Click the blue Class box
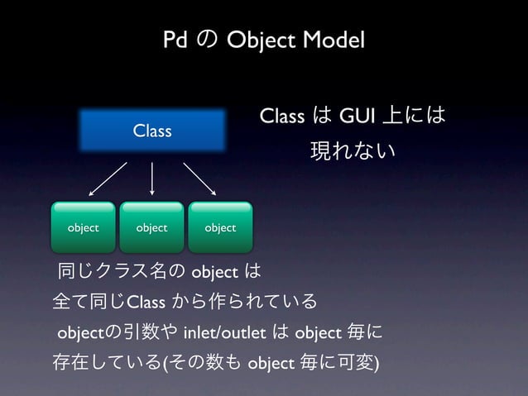[152, 131]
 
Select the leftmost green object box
[83, 227]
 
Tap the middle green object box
[151, 227]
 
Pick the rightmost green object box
[220, 227]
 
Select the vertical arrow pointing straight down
[152, 177]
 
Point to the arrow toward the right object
[199, 177]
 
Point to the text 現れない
[353, 151]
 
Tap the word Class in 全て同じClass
[146, 299]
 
